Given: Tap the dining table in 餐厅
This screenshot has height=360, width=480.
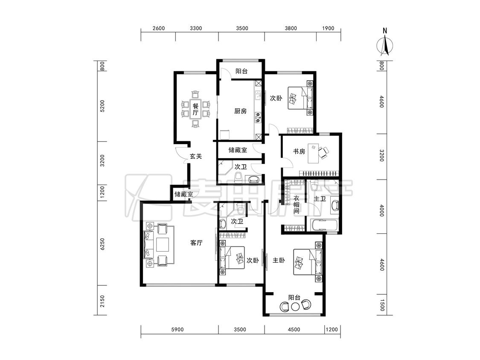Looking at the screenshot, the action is tap(195, 109).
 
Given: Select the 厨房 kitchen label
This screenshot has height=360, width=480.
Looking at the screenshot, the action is tap(240, 111).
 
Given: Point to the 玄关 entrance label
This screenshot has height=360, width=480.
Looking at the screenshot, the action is tap(196, 156).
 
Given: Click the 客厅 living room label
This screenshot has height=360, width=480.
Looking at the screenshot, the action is tap(196, 243).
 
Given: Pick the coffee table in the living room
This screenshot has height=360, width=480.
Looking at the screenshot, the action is tap(163, 244).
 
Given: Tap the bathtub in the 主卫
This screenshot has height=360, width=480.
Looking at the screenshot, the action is tap(323, 225).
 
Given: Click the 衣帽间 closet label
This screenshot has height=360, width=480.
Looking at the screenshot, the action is tap(297, 204).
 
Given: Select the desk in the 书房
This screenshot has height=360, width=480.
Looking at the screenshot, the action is tap(313, 153).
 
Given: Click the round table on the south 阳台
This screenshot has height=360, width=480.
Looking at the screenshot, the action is tap(295, 306).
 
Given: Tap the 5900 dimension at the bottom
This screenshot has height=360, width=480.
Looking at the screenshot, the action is tap(177, 329).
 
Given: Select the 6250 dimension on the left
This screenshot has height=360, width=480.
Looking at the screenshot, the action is tap(102, 244).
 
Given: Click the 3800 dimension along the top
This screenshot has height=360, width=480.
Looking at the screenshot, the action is tap(291, 28).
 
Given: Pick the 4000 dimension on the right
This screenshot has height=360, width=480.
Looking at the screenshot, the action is tap(381, 211).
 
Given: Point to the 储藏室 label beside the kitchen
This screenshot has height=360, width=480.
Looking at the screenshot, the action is tap(238, 150).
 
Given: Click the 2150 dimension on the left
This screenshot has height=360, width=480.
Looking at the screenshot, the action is tap(102, 301).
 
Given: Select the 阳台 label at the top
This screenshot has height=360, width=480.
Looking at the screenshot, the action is tap(241, 71).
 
